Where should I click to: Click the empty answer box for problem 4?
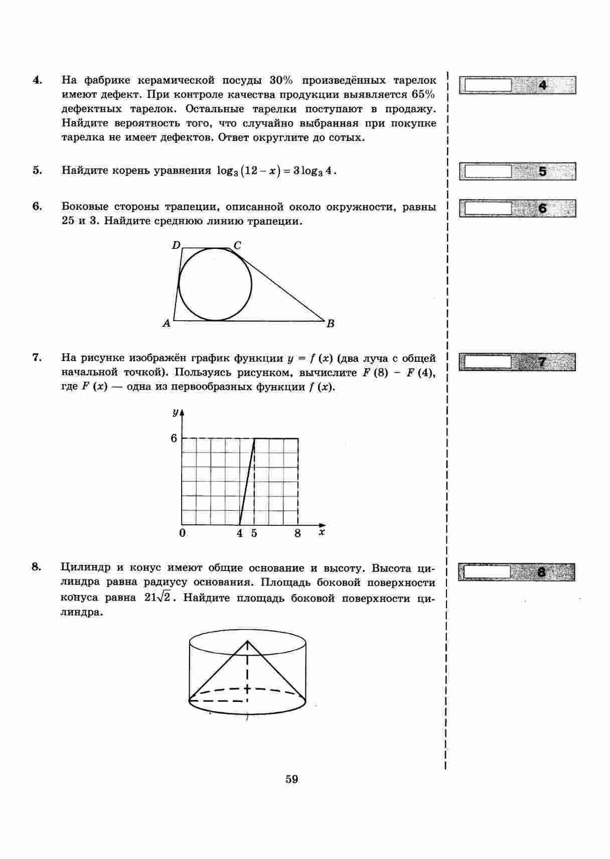point(488,85)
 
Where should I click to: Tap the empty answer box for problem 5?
point(488,172)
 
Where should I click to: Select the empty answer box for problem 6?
point(488,208)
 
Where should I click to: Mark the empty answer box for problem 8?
point(487,572)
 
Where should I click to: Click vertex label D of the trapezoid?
point(176,245)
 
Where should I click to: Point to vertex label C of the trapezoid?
point(237,245)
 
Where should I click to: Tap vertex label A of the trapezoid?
point(167,324)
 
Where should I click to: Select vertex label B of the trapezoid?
point(330,324)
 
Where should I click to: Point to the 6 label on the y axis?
point(174,438)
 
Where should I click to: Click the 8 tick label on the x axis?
point(297,533)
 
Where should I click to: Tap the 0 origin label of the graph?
point(182,533)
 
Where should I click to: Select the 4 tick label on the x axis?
point(240,533)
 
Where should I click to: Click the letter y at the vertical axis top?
point(175,412)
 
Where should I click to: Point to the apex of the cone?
point(247,641)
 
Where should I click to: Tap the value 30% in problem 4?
point(281,80)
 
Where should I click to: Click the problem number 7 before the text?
point(36,357)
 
